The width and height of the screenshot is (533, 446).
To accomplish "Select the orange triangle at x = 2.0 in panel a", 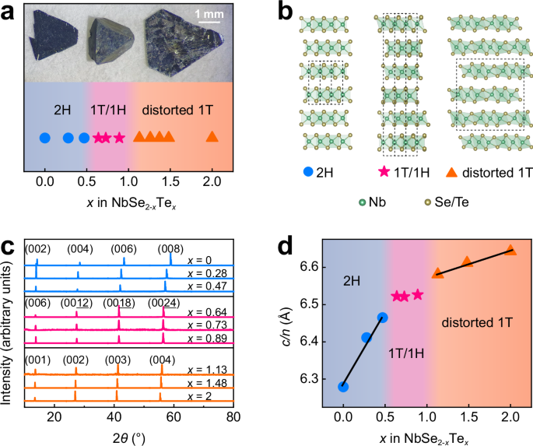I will (x=212, y=137).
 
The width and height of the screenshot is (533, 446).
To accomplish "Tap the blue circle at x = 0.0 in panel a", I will (x=45, y=138).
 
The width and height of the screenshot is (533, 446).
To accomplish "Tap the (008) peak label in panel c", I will (x=171, y=248).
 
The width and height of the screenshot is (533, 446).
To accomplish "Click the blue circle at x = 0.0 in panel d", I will (x=343, y=386).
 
